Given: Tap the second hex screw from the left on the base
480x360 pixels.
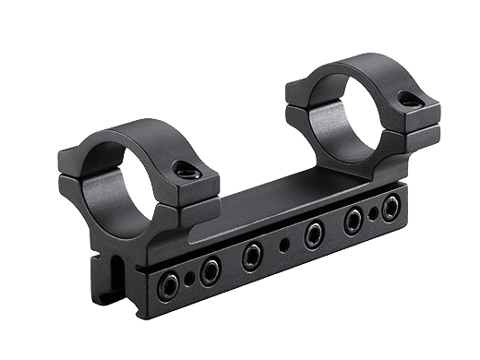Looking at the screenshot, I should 210,270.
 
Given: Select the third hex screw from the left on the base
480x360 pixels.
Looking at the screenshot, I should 251,256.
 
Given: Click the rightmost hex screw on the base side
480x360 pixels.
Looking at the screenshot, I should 390,207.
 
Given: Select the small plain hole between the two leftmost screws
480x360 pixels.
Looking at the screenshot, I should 189,276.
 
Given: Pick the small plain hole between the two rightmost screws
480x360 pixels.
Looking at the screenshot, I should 373,214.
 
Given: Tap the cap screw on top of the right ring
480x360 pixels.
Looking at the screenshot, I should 407,97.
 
